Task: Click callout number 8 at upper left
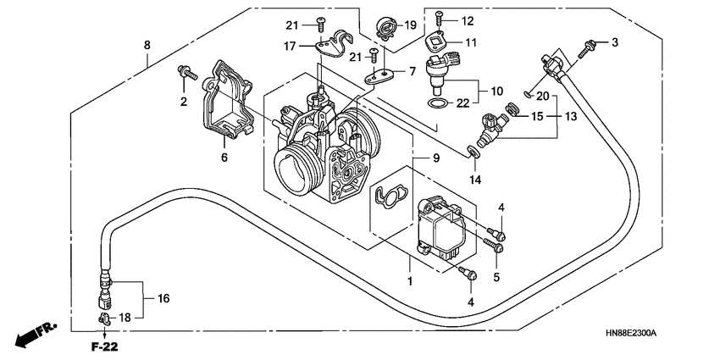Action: [147, 44]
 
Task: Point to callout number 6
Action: [225, 158]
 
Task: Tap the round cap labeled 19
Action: [385, 29]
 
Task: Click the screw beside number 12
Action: [440, 17]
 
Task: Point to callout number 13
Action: [570, 115]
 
